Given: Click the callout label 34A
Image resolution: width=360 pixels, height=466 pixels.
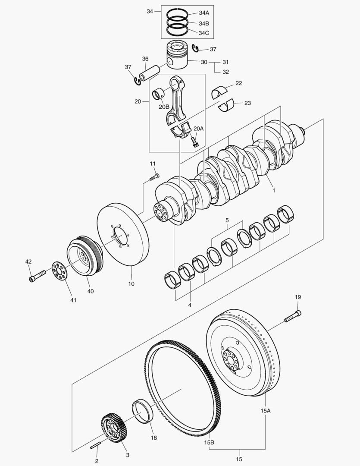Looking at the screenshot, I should [204, 13].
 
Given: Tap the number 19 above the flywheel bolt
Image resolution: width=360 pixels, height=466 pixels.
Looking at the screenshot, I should [298, 297].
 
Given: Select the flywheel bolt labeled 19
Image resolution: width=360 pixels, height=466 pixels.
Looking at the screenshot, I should [292, 316].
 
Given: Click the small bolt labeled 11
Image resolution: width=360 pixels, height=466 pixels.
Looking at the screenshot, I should [154, 177].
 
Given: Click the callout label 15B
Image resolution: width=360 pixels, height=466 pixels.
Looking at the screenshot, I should [210, 442].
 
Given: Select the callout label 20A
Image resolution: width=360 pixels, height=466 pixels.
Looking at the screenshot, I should [198, 129].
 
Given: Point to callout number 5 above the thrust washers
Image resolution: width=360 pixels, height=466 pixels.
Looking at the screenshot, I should [227, 221].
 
